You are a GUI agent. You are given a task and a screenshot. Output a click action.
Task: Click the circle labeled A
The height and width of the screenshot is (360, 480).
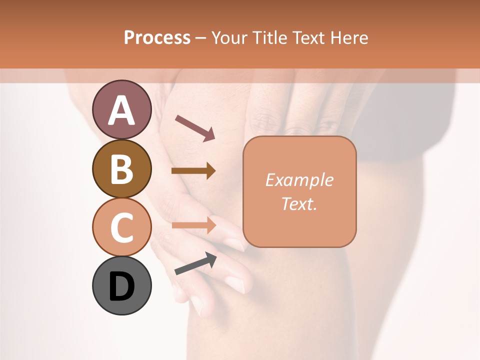click(121, 109)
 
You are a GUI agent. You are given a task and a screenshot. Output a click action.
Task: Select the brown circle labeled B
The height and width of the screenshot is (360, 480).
click(121, 168)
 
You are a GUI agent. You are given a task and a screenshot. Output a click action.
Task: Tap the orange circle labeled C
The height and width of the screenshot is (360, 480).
click(121, 227)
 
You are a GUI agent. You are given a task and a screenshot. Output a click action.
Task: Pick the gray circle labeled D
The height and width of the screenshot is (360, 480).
click(121, 285)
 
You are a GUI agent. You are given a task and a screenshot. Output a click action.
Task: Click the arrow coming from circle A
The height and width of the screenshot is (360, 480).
click(195, 128)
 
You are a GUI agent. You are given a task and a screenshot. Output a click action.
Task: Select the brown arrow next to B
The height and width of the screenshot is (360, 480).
click(193, 171)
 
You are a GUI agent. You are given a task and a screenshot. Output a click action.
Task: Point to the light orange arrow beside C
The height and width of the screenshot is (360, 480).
click(193, 225)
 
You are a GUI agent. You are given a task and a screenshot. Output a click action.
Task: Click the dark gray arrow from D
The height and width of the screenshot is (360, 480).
click(195, 263)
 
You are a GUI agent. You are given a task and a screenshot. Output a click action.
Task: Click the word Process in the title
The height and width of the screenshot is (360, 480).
click(157, 38)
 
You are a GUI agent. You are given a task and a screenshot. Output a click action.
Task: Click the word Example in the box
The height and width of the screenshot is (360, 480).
click(299, 180)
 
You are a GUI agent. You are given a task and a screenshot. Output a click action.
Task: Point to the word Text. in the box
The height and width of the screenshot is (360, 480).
click(299, 203)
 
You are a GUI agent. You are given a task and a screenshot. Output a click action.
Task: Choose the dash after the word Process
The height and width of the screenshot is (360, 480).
click(201, 38)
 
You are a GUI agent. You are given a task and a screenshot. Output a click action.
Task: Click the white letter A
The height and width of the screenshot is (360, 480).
click(121, 110)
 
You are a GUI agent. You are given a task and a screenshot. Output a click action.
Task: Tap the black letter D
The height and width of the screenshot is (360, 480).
click(121, 286)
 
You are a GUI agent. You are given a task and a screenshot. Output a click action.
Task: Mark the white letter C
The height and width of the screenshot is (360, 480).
click(121, 227)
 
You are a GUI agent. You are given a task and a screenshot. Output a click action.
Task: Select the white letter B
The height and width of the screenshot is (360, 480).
click(121, 169)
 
